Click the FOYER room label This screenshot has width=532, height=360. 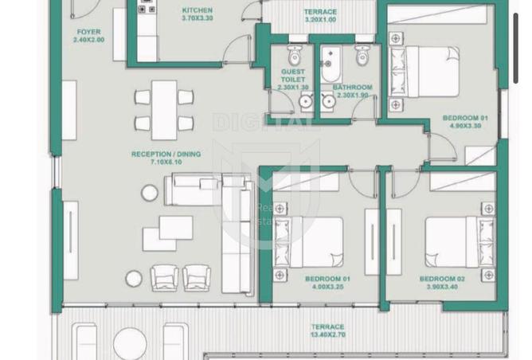click(x=88, y=32)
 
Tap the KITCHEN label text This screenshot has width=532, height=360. click(x=197, y=10)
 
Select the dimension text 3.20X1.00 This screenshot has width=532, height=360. click(x=320, y=20)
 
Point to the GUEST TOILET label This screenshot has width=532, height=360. click(x=292, y=76)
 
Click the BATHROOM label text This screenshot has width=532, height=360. click(x=352, y=87)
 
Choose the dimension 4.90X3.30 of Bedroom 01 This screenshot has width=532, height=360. click(x=465, y=126)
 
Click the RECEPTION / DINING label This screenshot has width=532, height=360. click(x=166, y=154)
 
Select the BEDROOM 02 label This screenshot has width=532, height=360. click(x=442, y=279)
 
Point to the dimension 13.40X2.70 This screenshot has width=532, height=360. click(x=327, y=335)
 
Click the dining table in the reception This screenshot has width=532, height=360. click(x=164, y=110)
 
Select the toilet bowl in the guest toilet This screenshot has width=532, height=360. click(x=294, y=56)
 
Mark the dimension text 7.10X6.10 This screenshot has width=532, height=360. click(x=166, y=162)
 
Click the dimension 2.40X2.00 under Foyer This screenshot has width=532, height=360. click(x=88, y=40)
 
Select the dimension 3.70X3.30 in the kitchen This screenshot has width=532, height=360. click(x=197, y=18)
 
